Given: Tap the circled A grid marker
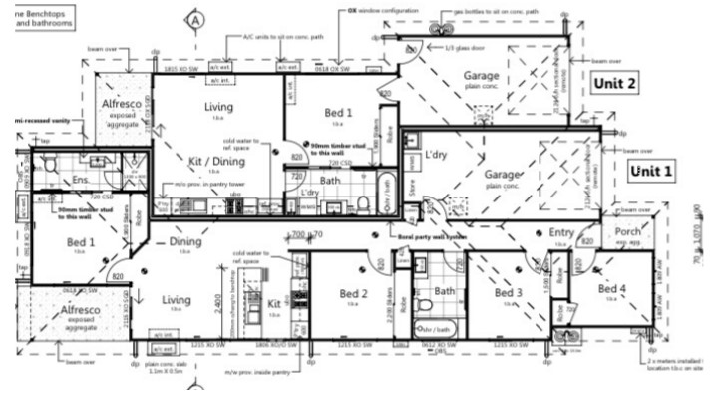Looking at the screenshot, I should (196, 18).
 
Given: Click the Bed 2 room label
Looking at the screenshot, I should (354, 294).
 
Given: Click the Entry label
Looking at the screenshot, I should (562, 232).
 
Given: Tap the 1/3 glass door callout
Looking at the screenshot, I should (440, 49).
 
